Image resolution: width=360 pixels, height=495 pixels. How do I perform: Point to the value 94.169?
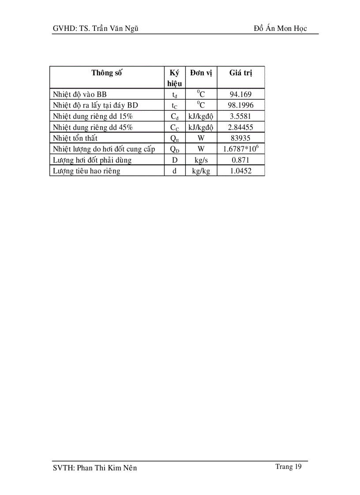point(240,94)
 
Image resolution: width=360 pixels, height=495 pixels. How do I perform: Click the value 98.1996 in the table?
point(240,105)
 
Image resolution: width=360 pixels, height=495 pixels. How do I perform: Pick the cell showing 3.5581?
point(240,116)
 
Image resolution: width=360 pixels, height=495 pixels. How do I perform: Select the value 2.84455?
point(240,127)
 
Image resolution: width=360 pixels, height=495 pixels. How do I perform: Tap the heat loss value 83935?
point(240,138)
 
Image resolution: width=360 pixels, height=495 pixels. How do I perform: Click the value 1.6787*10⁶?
point(240,149)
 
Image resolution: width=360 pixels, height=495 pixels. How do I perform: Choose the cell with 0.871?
point(240,160)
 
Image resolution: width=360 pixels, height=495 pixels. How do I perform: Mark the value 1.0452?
point(240,171)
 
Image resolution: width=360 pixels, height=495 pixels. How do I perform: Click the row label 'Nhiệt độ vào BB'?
point(79,94)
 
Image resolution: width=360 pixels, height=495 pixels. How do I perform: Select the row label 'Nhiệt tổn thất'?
point(75,138)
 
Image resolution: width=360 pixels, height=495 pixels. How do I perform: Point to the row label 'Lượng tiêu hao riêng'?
point(86,171)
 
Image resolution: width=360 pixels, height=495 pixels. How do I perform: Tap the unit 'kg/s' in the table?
point(201,160)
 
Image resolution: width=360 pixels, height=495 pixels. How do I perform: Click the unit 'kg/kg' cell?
point(201,171)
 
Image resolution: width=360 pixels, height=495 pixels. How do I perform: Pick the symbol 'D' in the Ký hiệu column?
point(174,160)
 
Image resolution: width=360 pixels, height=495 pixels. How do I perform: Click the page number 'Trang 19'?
point(289,467)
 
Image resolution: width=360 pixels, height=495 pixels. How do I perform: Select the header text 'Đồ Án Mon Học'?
point(280,29)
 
